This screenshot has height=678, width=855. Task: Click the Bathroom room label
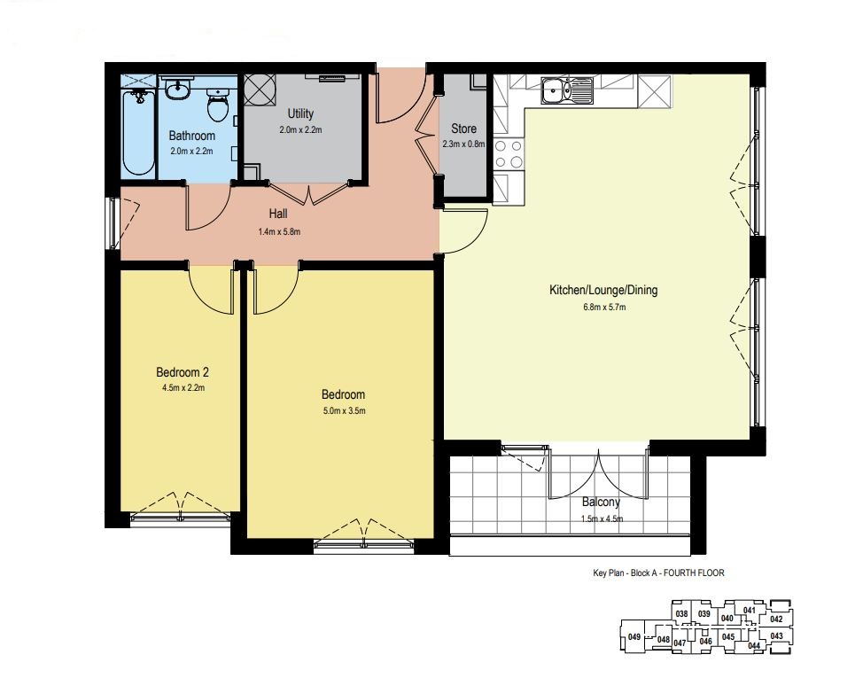tap(191, 136)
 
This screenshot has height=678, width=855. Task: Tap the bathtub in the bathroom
tap(138, 133)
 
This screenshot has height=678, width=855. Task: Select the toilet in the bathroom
tap(218, 105)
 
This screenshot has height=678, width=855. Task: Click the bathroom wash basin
tap(177, 90)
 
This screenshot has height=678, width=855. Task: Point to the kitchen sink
tap(567, 90)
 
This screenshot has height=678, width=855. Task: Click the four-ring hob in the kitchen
tap(509, 154)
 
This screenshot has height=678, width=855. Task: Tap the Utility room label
tap(300, 113)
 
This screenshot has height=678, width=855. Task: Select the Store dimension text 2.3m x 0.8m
tap(463, 144)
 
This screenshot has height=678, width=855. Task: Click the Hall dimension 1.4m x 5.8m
tap(279, 232)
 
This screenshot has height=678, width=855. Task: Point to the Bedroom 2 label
tap(183, 372)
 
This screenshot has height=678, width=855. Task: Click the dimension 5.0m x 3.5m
tap(344, 410)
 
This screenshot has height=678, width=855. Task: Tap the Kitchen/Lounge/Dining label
tap(603, 290)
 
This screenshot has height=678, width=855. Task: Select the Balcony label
tap(601, 502)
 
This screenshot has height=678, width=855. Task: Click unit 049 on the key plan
tap(634, 636)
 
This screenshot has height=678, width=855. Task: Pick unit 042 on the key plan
tap(776, 620)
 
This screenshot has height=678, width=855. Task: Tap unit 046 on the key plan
tap(705, 642)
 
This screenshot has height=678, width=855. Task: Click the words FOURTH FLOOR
tap(694, 573)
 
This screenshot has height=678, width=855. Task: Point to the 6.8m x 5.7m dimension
tap(604, 307)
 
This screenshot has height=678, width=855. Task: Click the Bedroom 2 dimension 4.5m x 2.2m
tap(183, 388)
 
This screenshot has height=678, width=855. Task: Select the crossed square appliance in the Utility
tap(260, 89)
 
